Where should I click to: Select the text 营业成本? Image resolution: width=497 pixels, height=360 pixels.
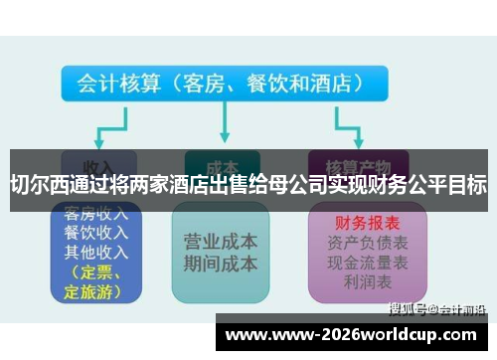pos(221,242)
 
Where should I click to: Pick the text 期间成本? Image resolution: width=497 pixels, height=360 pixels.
pos(221,264)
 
